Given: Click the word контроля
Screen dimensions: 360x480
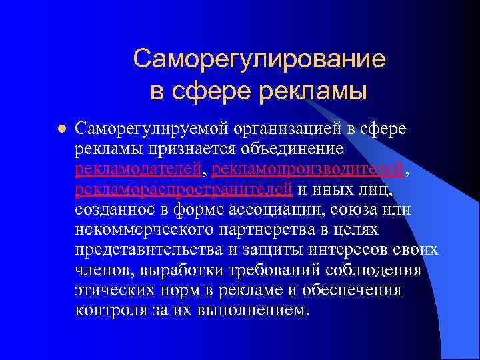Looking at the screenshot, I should click(109, 311).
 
